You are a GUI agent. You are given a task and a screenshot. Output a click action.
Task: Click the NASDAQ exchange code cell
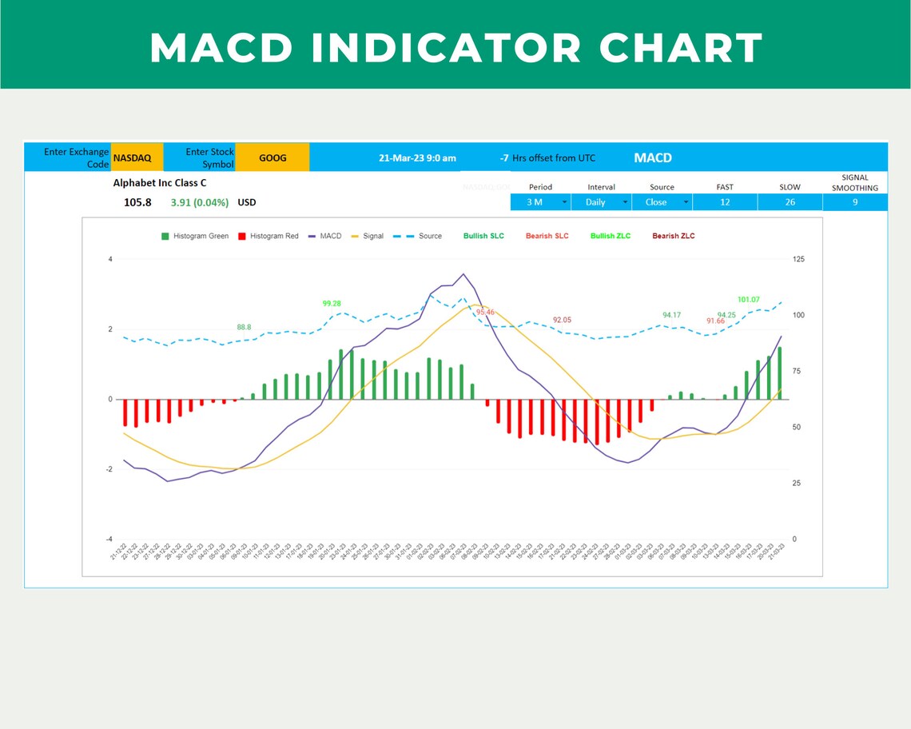point(133,158)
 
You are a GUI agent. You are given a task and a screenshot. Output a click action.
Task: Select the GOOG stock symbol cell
point(273,158)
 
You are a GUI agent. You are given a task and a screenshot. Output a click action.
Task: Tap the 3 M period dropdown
point(539,202)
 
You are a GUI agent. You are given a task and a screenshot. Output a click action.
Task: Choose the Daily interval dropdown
point(600,202)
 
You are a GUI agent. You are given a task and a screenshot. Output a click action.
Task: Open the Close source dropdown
point(661,202)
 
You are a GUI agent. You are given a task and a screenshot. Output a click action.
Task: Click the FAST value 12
point(725,202)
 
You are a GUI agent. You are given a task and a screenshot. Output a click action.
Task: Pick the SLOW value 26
point(790,202)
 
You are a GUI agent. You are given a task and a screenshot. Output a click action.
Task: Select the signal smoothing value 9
point(854,202)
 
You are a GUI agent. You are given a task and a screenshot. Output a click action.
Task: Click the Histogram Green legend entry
point(195,236)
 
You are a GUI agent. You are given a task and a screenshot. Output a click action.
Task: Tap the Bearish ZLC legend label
point(673,236)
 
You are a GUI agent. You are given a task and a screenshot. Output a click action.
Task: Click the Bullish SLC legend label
point(483,236)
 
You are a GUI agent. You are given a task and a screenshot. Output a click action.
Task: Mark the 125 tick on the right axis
point(798,260)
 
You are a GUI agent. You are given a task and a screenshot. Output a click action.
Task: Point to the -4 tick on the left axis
point(109,540)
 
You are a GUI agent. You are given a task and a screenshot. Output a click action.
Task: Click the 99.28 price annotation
point(332,304)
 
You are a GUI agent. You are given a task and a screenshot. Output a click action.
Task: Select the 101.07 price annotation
point(748,300)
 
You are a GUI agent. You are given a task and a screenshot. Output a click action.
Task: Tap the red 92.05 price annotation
point(562,320)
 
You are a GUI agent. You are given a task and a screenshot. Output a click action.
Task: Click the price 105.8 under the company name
point(137,202)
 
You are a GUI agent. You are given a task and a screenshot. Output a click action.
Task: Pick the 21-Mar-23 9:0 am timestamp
point(417,158)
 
